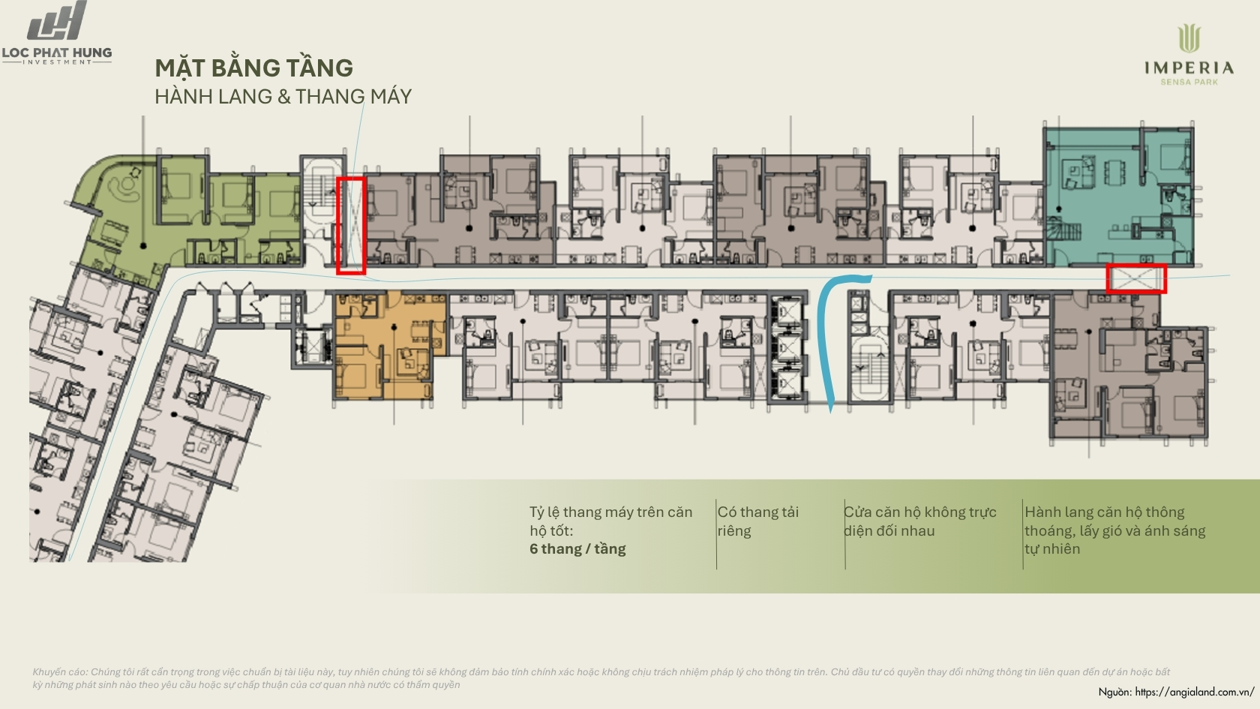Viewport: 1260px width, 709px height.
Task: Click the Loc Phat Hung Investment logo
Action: (57, 33)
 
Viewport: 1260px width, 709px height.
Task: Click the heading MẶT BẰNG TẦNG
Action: (253, 68)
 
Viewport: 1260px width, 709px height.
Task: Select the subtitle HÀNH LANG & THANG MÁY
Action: (283, 96)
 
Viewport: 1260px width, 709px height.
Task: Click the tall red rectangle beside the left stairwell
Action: (338, 225)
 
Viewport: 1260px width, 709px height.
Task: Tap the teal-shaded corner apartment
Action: (1118, 197)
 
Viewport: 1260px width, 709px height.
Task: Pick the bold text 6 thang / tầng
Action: (577, 549)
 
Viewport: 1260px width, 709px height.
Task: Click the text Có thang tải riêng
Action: (757, 521)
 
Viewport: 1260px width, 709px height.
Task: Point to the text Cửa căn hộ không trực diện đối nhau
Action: (919, 521)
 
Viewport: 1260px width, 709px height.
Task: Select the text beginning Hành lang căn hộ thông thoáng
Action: (1114, 530)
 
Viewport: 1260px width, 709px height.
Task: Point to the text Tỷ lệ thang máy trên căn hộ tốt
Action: (610, 521)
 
